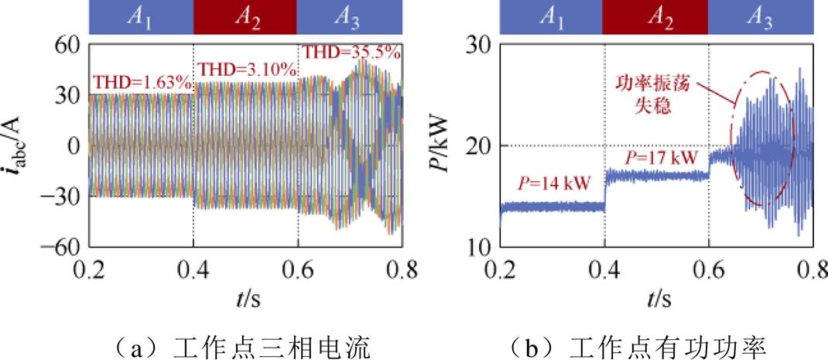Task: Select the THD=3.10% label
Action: tap(248, 70)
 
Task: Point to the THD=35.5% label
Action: tap(351, 53)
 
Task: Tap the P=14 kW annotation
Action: tap(554, 183)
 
